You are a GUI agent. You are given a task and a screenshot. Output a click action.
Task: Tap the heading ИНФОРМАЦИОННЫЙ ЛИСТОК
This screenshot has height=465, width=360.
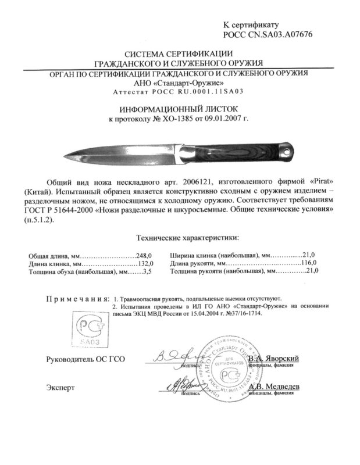[180, 109]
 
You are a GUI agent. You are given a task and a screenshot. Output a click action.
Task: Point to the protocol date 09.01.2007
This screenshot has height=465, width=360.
[223, 119]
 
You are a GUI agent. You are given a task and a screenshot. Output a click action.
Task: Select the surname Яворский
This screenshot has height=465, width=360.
[282, 359]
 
